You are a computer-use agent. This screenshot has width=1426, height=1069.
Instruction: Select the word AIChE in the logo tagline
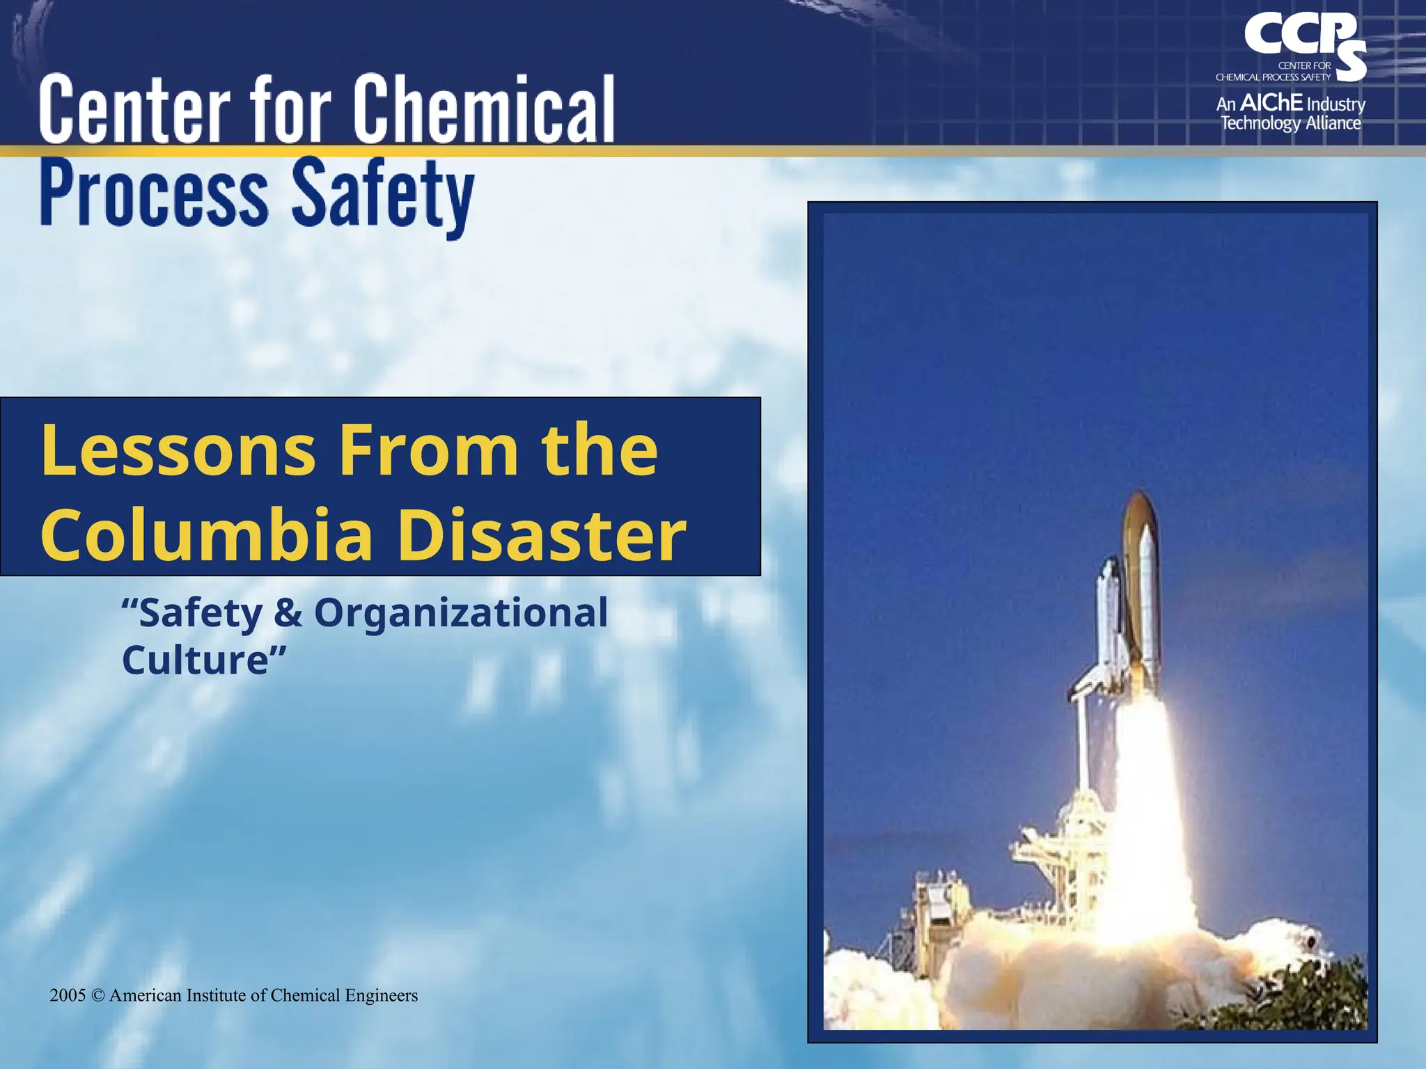[1271, 103]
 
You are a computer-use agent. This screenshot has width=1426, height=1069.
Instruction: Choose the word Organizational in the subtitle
[461, 613]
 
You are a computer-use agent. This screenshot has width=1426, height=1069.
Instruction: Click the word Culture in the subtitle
[196, 659]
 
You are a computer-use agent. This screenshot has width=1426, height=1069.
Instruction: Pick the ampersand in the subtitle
[288, 613]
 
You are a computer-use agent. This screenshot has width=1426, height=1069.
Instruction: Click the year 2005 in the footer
[68, 996]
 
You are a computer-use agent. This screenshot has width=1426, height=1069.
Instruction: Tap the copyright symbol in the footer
[98, 996]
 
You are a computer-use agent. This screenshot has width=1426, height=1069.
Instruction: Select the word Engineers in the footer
[382, 996]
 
